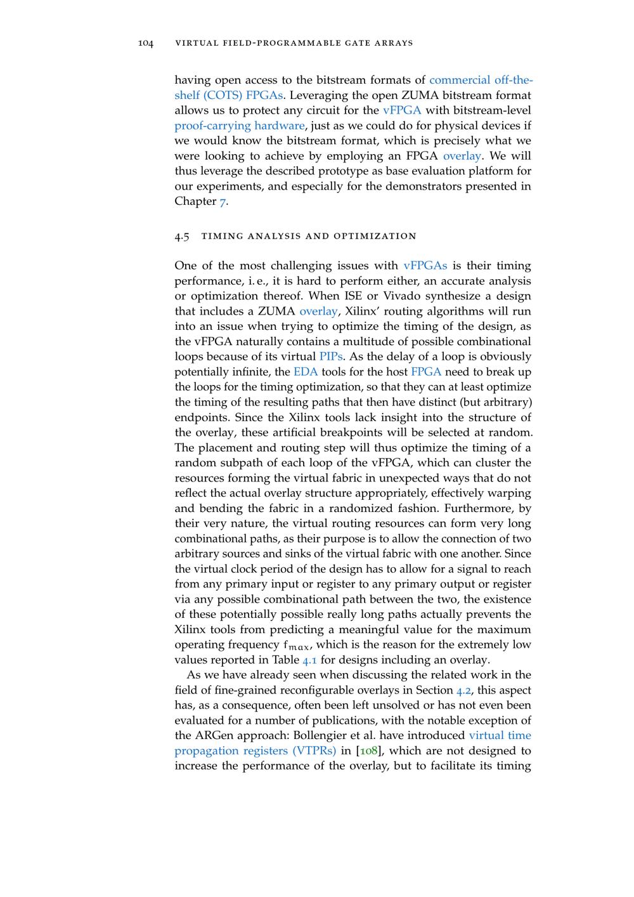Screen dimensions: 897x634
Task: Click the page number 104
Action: (x=146, y=43)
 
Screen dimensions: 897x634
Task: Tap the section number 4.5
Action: (x=182, y=236)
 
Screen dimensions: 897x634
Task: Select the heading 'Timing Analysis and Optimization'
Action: (x=309, y=236)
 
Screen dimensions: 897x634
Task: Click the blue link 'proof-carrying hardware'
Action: (x=239, y=126)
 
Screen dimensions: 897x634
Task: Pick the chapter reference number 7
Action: (x=223, y=202)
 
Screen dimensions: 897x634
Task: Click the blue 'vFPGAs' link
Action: (x=425, y=266)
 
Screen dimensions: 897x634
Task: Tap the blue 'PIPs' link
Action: (x=330, y=357)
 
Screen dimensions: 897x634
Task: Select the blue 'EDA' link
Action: (x=306, y=372)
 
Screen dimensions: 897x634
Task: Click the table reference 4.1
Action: (x=309, y=660)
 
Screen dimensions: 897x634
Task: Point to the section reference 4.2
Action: (x=464, y=690)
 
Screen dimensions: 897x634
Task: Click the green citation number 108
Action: (x=368, y=751)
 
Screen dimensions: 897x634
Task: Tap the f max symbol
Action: (x=297, y=646)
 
